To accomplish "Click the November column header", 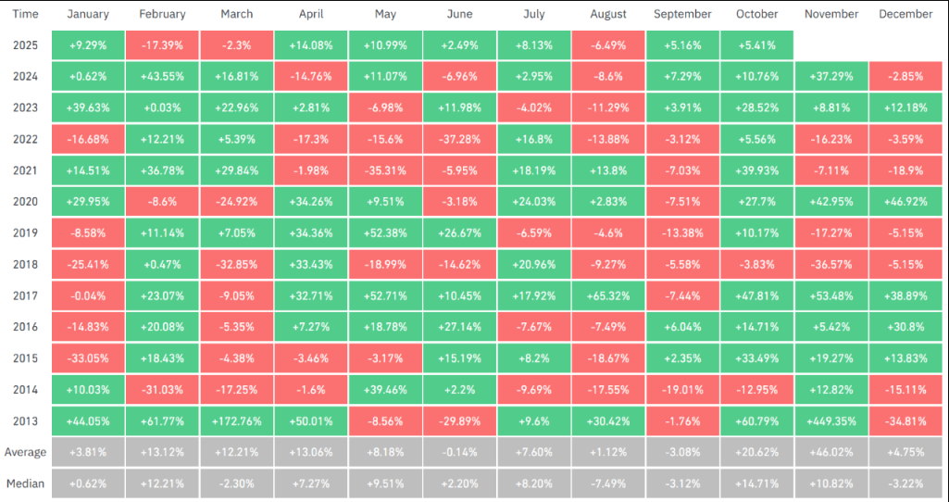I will [831, 14].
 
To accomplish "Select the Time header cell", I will [26, 14].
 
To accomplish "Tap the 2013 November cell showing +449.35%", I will [831, 420].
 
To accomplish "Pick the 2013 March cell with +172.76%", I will [236, 420].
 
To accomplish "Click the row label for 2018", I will [26, 264].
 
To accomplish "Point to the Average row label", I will [26, 452].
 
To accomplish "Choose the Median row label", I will [26, 483].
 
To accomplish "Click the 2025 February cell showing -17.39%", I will [162, 44].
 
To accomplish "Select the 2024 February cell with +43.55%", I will [162, 76].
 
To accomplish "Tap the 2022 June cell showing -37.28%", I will [459, 139].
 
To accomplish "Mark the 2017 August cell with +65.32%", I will [608, 295].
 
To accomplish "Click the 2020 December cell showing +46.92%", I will [905, 201].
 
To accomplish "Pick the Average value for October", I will [757, 452].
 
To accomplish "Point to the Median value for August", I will [608, 483].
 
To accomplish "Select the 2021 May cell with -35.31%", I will [385, 170].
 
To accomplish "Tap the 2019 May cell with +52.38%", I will [385, 232].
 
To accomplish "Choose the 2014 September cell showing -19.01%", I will [682, 389].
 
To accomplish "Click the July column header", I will [533, 14].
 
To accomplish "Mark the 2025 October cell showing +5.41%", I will [757, 44].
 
